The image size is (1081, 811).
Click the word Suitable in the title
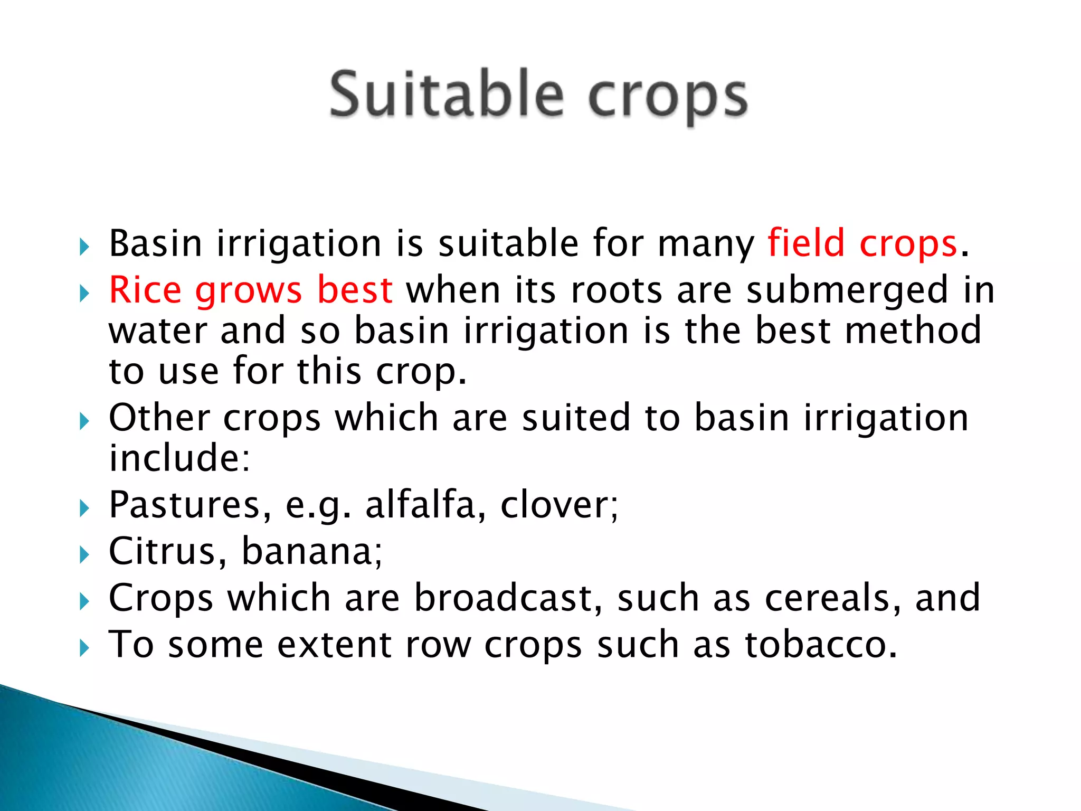(x=447, y=96)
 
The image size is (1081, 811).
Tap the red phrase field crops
(x=862, y=244)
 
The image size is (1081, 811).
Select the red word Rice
(x=145, y=290)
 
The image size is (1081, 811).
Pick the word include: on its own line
(x=179, y=458)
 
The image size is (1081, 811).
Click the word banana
(x=311, y=551)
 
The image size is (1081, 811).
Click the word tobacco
(x=821, y=645)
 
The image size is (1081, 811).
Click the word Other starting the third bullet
(x=159, y=418)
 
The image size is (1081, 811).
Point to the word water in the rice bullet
(x=158, y=331)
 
